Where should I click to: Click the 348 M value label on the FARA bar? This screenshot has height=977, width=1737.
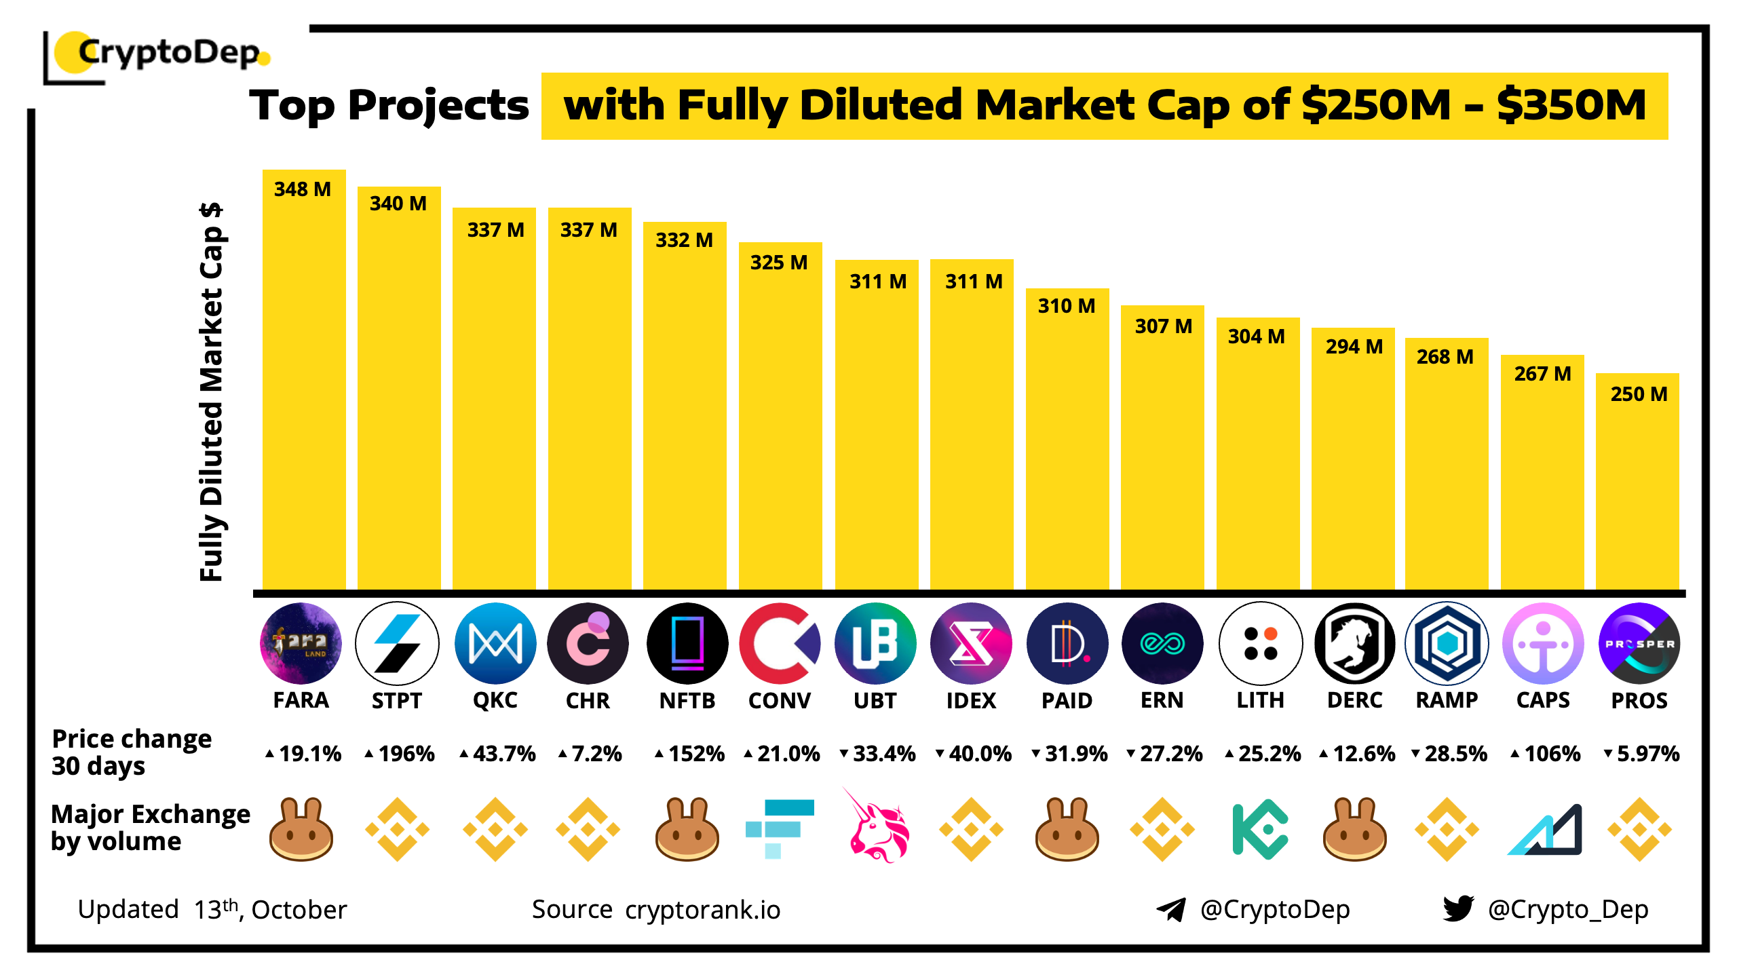point(303,189)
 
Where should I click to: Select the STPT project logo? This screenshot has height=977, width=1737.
point(397,643)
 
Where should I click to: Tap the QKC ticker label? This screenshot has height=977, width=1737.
point(495,700)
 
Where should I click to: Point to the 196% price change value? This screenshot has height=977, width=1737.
point(406,754)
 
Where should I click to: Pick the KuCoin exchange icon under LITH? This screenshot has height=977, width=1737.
point(1259,829)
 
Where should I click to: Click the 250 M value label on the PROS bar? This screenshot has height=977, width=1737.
point(1639,394)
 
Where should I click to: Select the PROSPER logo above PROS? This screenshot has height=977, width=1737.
point(1639,643)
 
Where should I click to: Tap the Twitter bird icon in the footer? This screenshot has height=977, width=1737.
point(1458,908)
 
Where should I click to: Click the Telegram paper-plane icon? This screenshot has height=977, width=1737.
point(1171,909)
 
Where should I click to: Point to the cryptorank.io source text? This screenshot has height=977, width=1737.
point(702,910)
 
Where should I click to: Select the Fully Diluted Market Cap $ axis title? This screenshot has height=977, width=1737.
point(212,392)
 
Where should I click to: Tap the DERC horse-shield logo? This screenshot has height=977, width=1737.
point(1354,643)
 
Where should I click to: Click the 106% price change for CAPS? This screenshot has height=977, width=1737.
point(1552,754)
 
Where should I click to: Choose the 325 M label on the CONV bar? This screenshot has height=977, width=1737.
point(779,263)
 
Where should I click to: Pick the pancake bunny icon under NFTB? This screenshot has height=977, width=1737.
point(687,829)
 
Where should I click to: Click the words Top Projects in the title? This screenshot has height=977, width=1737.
point(389,106)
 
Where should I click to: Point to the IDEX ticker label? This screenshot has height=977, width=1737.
point(971,700)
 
